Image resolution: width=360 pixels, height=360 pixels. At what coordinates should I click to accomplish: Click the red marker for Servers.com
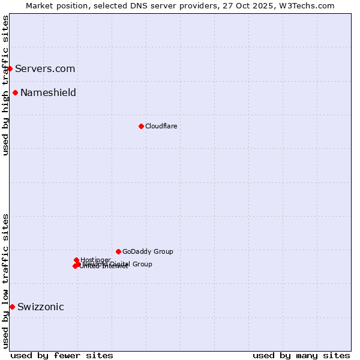(x=10, y=68)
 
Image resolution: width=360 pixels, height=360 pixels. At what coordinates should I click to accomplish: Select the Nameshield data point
(x=15, y=92)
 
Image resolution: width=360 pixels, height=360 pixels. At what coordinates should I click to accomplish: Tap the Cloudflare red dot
(x=141, y=126)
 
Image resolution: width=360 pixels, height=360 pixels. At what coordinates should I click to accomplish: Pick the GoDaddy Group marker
(x=118, y=251)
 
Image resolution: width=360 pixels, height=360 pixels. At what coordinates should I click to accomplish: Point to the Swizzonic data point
(x=12, y=307)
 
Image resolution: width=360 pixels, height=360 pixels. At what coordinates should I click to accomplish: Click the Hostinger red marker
(x=76, y=260)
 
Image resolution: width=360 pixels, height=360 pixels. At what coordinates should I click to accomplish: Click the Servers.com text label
(x=45, y=68)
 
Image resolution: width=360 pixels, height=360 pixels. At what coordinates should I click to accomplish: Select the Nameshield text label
(x=48, y=92)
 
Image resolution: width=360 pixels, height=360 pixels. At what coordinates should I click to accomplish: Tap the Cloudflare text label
(x=161, y=126)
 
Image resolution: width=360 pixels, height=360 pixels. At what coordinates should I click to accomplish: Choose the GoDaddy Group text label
(x=148, y=251)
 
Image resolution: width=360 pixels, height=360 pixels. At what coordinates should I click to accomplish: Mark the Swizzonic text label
(x=41, y=307)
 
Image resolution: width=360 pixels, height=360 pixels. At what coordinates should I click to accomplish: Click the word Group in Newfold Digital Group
(x=142, y=264)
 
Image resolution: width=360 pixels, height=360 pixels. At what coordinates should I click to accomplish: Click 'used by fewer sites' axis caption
(x=62, y=355)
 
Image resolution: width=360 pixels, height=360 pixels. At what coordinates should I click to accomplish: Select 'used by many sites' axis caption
(x=301, y=355)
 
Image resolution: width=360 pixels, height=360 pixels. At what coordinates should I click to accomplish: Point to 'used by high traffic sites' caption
(x=5, y=85)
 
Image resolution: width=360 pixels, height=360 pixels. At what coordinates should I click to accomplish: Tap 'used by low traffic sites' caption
(x=5, y=280)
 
